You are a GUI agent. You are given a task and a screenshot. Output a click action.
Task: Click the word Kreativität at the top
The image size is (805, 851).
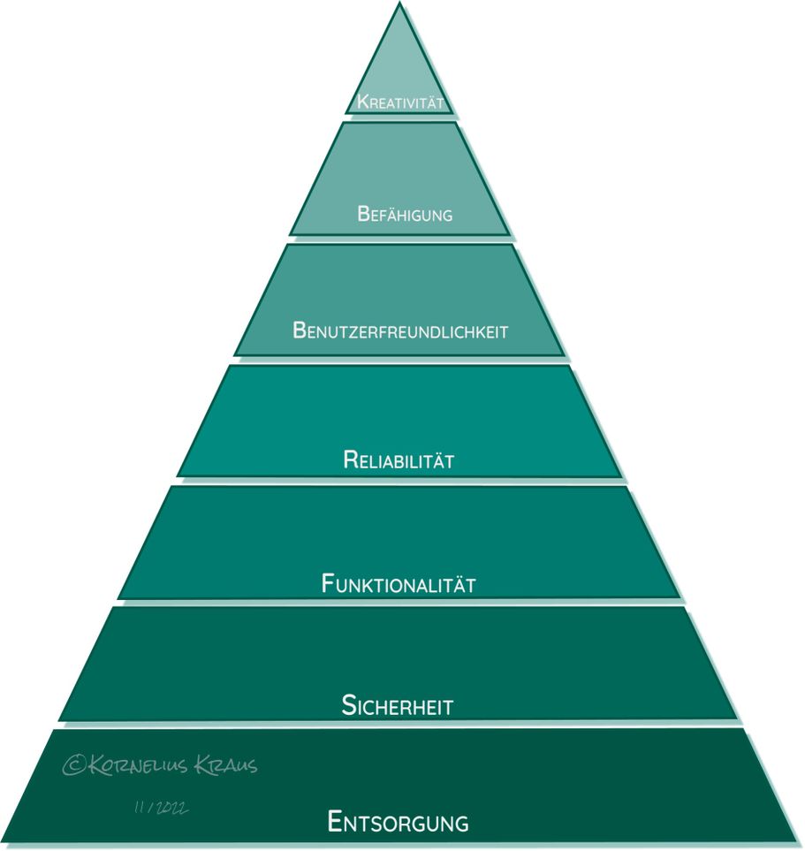pyautogui.click(x=400, y=102)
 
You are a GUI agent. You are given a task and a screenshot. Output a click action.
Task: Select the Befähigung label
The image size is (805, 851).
pyautogui.click(x=405, y=214)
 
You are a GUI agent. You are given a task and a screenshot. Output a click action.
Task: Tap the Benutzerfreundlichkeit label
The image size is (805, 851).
pyautogui.click(x=400, y=330)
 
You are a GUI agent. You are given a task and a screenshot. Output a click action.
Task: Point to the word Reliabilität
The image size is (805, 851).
pyautogui.click(x=399, y=460)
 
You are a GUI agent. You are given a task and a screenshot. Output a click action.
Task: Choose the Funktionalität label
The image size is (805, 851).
pyautogui.click(x=399, y=583)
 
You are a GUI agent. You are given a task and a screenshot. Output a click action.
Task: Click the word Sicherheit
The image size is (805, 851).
pyautogui.click(x=398, y=705)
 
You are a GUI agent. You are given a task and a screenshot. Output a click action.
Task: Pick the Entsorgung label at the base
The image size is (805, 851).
pyautogui.click(x=399, y=822)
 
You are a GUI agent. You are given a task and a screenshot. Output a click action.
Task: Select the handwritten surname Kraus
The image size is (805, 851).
pyautogui.click(x=226, y=764)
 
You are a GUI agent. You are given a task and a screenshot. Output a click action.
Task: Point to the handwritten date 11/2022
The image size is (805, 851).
pyautogui.click(x=161, y=808)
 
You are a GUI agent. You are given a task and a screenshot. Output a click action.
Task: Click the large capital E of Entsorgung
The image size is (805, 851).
pyautogui.click(x=335, y=821)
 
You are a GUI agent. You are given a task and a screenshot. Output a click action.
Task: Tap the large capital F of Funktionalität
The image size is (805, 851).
pyautogui.click(x=328, y=583)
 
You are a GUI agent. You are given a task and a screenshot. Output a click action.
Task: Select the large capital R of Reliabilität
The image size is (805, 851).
pyautogui.click(x=351, y=460)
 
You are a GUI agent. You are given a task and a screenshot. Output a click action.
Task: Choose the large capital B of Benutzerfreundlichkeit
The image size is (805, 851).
pyautogui.click(x=300, y=330)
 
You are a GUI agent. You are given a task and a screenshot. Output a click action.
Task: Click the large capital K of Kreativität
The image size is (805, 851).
pyautogui.click(x=362, y=102)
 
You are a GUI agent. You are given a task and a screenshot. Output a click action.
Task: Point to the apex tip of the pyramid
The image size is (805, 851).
pyautogui.click(x=400, y=3)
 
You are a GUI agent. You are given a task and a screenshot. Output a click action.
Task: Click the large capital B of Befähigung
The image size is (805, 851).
pyautogui.click(x=363, y=214)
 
